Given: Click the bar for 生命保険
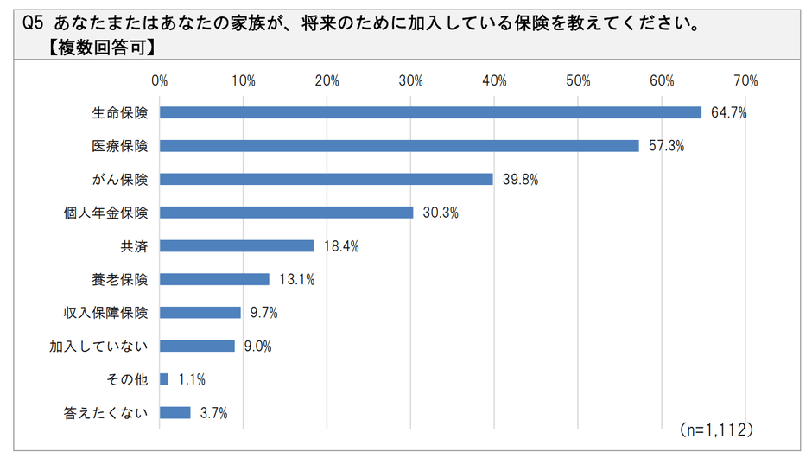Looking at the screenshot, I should [x=430, y=112].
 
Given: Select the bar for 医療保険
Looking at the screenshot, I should [x=399, y=146].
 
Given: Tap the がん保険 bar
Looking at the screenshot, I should [x=327, y=179].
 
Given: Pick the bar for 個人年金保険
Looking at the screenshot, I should [x=287, y=213].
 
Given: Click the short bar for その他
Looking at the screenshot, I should [x=164, y=379].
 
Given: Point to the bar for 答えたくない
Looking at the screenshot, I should [x=175, y=413].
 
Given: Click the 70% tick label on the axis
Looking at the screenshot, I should [x=745, y=81].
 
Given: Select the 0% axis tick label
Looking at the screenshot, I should [x=160, y=81].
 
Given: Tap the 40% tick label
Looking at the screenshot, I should [x=494, y=81].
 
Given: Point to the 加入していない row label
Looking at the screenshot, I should [x=99, y=347].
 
